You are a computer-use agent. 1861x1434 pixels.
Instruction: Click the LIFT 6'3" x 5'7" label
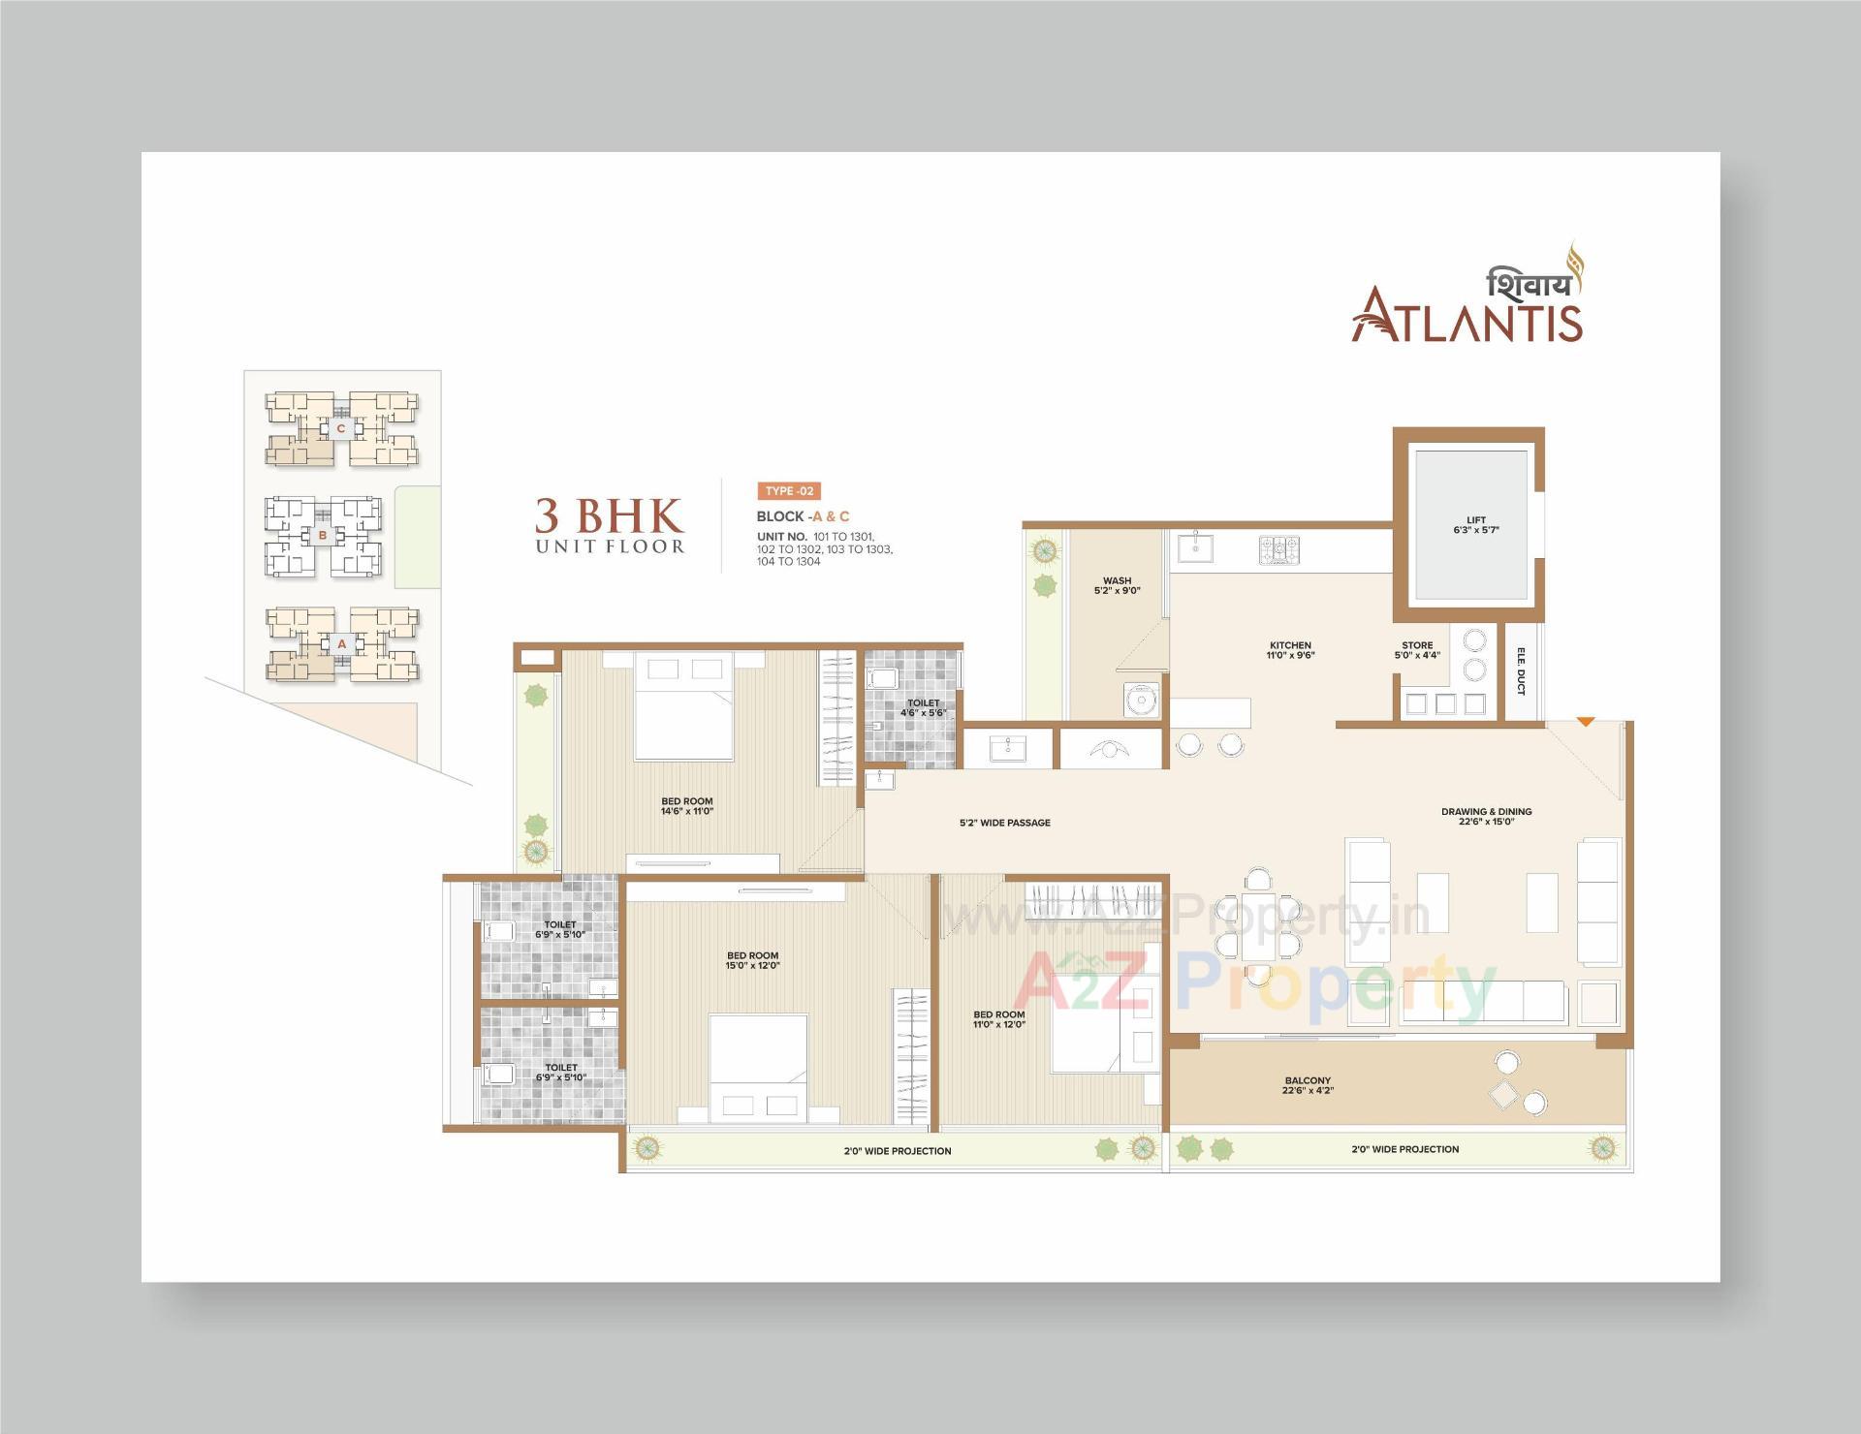(x=1475, y=525)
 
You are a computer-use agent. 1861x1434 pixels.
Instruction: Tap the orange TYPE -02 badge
(x=788, y=491)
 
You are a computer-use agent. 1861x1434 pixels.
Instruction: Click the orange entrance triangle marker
(x=1585, y=722)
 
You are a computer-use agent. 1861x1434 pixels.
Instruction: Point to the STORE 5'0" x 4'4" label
(x=1416, y=650)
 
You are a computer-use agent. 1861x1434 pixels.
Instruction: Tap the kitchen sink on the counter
(x=1196, y=548)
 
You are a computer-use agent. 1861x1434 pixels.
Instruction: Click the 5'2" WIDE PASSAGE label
(x=1004, y=823)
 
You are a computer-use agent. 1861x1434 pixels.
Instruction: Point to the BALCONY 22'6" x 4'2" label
(x=1308, y=1085)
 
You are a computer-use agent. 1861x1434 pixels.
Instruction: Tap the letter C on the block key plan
(x=340, y=427)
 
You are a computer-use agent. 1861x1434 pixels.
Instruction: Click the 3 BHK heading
(x=609, y=515)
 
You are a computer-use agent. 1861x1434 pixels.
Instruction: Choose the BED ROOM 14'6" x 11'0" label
(x=686, y=806)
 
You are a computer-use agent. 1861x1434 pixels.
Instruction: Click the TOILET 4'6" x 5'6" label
(x=923, y=708)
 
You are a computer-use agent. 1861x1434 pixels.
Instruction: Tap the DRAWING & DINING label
(x=1486, y=817)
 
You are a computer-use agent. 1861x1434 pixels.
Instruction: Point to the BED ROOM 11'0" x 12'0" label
(x=998, y=1019)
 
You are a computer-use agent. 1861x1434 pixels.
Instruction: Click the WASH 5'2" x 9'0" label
(x=1117, y=585)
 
